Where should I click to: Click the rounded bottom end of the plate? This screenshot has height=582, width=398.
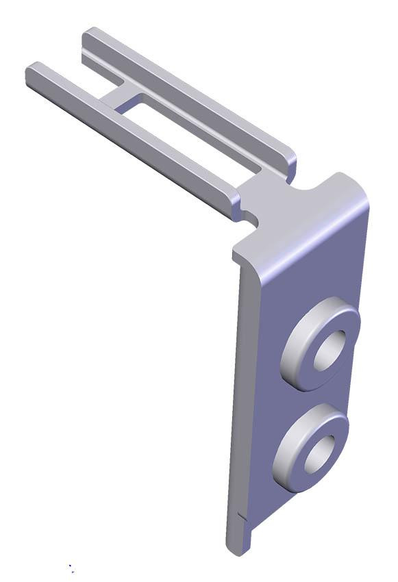pos(236,544)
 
